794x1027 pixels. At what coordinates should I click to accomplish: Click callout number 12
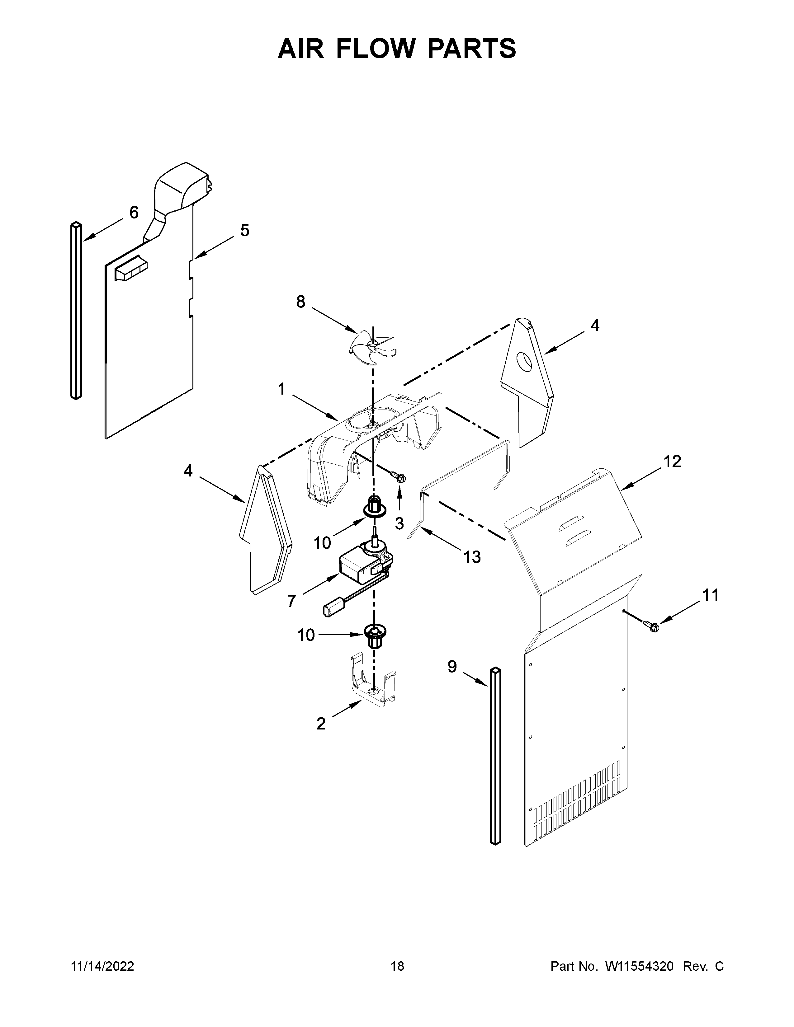(672, 462)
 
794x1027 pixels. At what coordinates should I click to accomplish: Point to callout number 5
(245, 230)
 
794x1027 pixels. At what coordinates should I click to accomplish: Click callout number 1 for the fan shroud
(281, 389)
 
